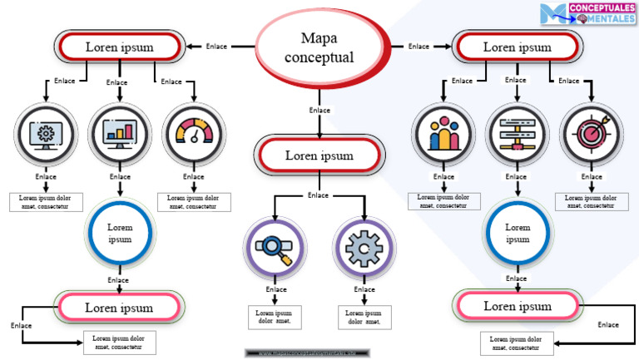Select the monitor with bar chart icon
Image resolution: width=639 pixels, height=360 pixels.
pyautogui.click(x=120, y=134)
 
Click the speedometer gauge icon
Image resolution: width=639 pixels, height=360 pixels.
pyautogui.click(x=193, y=134)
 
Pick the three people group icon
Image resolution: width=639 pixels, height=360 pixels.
pyautogui.click(x=443, y=134)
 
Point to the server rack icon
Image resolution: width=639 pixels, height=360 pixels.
pyautogui.click(x=517, y=134)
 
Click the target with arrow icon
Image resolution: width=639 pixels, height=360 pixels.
pyautogui.click(x=591, y=134)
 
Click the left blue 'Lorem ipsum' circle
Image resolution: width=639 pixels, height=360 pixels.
pyautogui.click(x=120, y=233)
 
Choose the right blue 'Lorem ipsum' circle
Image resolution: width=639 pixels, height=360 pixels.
pyautogui.click(x=518, y=233)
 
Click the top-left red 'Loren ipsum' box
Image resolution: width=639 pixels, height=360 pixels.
pyautogui.click(x=119, y=47)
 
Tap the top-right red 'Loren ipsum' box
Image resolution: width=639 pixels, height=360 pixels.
pyautogui.click(x=517, y=47)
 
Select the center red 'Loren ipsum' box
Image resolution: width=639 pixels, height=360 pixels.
pyautogui.click(x=319, y=155)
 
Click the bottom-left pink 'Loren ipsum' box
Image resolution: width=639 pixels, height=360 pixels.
pyautogui.click(x=119, y=308)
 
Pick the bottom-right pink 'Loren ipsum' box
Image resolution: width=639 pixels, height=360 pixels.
pyautogui.click(x=517, y=307)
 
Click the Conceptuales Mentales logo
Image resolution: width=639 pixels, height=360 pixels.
pyautogui.click(x=587, y=12)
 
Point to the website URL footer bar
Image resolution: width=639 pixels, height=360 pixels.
pyautogui.click(x=302, y=353)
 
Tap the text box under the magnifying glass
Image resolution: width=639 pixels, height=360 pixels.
pyautogui.click(x=275, y=317)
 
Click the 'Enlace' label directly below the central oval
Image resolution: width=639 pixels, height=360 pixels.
pyautogui.click(x=319, y=110)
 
